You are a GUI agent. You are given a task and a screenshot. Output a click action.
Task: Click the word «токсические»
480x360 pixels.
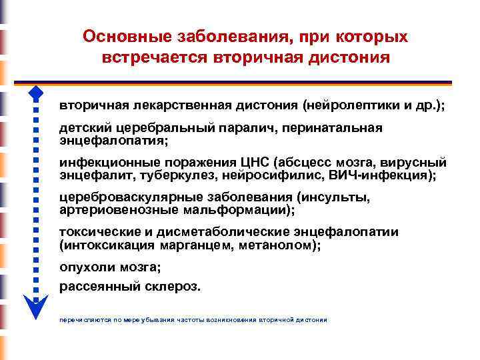click(x=99, y=233)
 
